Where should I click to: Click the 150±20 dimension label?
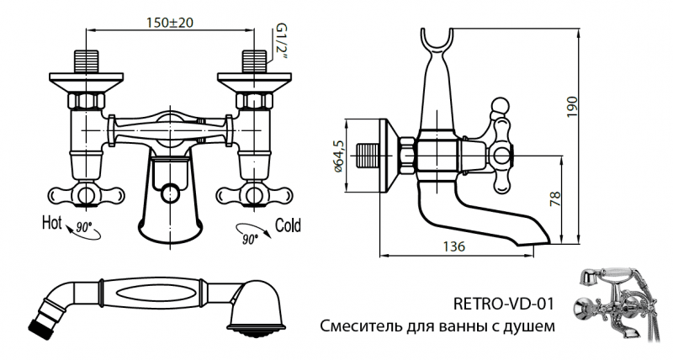[169, 23]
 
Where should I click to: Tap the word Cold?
[289, 225]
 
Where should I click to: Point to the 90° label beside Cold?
[249, 239]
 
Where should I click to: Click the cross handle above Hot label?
[83, 195]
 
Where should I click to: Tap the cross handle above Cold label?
[253, 195]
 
